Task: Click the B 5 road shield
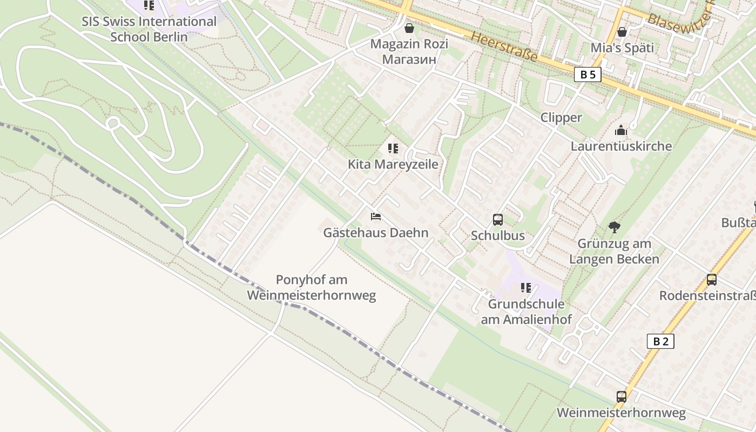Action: coord(588,75)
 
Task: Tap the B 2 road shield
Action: coord(660,341)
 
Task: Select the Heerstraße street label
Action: coord(504,46)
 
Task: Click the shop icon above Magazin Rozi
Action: coord(409,28)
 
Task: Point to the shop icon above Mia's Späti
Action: coord(622,32)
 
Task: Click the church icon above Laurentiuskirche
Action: coord(621,130)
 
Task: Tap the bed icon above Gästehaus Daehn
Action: coord(376,217)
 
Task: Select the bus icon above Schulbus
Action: coord(497,220)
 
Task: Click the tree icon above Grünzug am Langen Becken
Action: coord(614,227)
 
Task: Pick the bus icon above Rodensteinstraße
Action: coord(711,280)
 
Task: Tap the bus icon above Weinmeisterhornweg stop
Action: coord(621,397)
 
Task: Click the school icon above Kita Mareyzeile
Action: coord(393,148)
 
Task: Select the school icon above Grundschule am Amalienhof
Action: coord(525,288)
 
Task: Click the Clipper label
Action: coord(561,118)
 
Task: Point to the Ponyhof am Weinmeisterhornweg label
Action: coord(312,288)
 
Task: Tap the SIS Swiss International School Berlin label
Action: coord(149,29)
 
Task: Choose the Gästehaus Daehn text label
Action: coord(375,233)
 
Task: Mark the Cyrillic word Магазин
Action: coord(409,59)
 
